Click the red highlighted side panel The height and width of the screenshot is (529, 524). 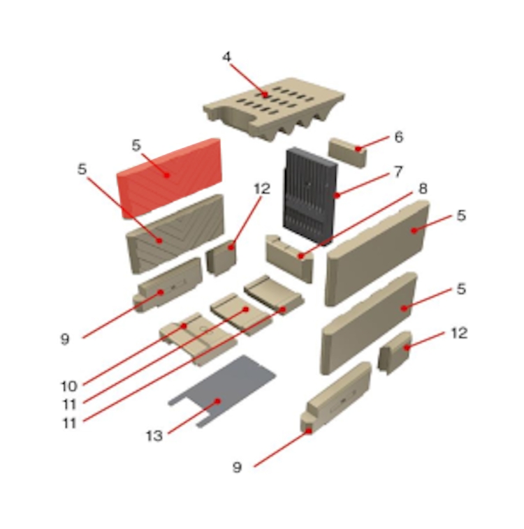(x=170, y=178)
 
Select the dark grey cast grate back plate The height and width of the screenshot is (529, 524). (x=309, y=196)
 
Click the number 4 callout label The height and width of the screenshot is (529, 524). (x=226, y=57)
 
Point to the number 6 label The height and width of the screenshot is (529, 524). (x=399, y=137)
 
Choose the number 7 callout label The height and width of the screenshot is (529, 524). (x=399, y=172)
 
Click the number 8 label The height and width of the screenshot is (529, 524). (x=423, y=188)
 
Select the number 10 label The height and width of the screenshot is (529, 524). (x=69, y=387)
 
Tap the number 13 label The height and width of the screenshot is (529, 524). (x=154, y=436)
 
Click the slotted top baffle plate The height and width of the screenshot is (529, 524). (x=274, y=108)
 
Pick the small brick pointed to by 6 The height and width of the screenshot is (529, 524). (x=347, y=152)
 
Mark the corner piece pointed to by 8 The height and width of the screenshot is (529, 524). (x=290, y=257)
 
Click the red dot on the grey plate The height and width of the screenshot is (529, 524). (x=218, y=401)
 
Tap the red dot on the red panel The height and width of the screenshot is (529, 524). (x=166, y=175)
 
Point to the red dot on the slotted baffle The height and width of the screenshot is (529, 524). (x=265, y=94)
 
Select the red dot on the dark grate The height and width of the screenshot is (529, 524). (x=337, y=195)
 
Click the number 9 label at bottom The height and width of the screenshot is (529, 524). (x=237, y=468)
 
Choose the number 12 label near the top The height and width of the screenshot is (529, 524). (x=262, y=188)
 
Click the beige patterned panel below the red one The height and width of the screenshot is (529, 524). (x=175, y=234)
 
